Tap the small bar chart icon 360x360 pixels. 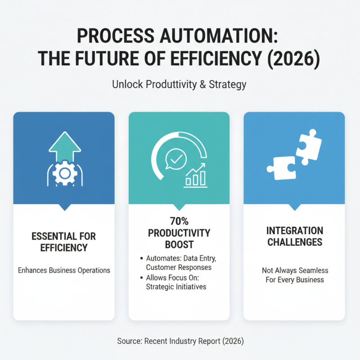(195, 176)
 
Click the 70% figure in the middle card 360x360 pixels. (179, 221)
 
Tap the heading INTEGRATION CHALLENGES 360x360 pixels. (294, 236)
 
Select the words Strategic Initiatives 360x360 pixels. (176, 287)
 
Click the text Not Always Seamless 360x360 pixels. (295, 270)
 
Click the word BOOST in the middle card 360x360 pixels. (179, 245)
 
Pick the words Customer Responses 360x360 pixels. (179, 267)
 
